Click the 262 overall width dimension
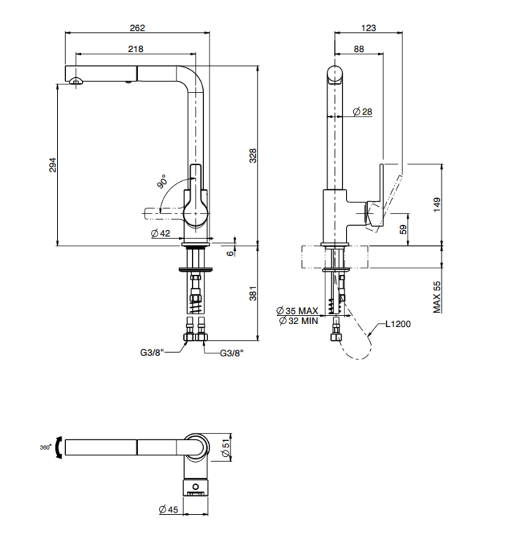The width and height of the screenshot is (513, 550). pos(138,28)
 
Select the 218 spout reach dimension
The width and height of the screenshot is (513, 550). pos(136,49)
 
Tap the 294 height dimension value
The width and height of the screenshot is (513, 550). pos(52,166)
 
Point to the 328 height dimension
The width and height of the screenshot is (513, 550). pos(253,155)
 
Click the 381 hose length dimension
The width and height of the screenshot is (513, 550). pos(253,294)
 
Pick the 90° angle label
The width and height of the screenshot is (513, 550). pos(162,180)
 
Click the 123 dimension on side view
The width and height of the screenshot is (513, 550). pos(369,28)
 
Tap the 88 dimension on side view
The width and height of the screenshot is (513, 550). pos(358,49)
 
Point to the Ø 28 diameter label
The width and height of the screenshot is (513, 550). pos(363,111)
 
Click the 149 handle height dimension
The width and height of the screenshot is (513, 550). pos(436,204)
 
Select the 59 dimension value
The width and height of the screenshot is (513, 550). pos(402,230)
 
